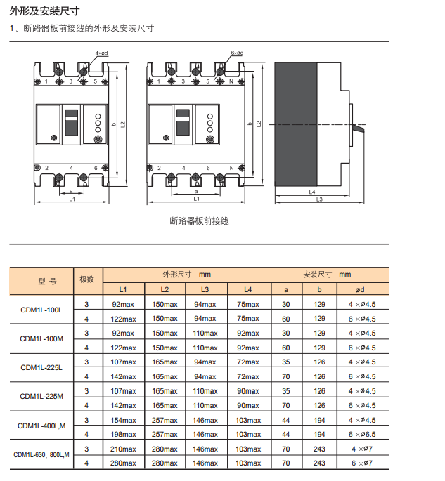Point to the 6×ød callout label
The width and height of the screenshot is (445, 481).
pyautogui.click(x=237, y=53)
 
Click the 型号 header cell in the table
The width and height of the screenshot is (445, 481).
pyautogui.click(x=47, y=281)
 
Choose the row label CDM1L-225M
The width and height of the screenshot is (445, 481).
pyautogui.click(x=41, y=397)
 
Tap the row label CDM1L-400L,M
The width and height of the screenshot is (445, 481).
pyautogui.click(x=41, y=426)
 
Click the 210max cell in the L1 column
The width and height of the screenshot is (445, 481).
pyautogui.click(x=124, y=449)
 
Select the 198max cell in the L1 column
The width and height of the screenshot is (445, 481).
pyautogui.click(x=124, y=434)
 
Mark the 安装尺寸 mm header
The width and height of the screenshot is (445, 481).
pyautogui.click(x=327, y=275)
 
